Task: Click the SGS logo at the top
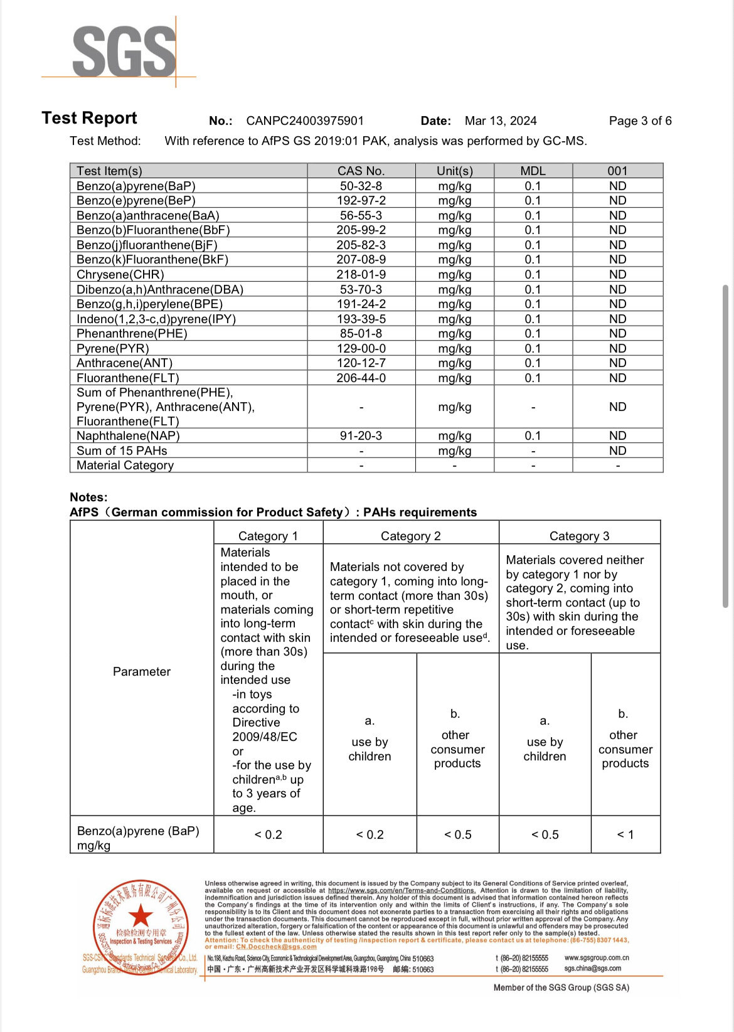(x=124, y=51)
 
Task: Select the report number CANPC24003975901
(x=305, y=121)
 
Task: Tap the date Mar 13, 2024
(x=501, y=121)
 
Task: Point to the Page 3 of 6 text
(x=640, y=121)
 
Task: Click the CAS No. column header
(x=361, y=171)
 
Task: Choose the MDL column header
(x=533, y=171)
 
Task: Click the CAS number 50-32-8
(x=361, y=186)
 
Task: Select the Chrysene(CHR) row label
(x=120, y=275)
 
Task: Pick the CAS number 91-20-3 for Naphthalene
(x=361, y=436)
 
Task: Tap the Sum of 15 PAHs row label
(x=122, y=451)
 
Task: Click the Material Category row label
(x=125, y=465)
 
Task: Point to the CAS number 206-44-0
(x=361, y=378)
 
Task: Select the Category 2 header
(x=410, y=536)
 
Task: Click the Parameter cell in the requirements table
(x=142, y=672)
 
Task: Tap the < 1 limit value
(x=625, y=835)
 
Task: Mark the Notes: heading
(x=88, y=497)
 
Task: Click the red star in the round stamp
(x=141, y=916)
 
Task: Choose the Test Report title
(x=89, y=118)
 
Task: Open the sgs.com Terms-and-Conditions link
(x=402, y=890)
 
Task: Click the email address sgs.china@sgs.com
(x=593, y=969)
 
